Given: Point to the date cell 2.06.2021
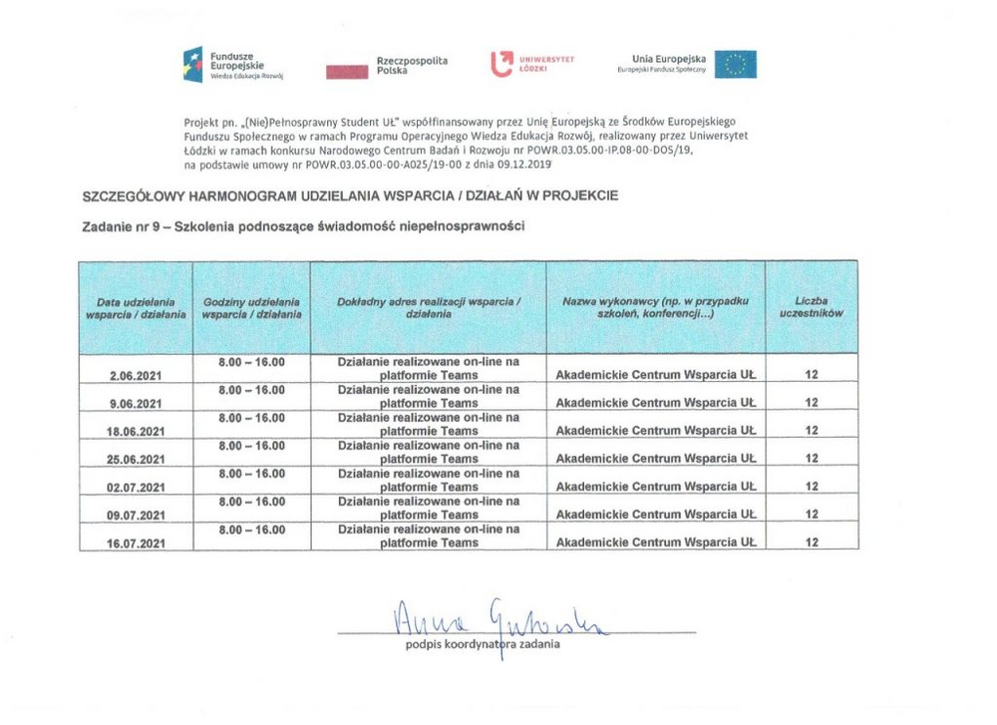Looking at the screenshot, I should coord(136,376).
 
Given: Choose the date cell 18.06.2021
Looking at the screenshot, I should coord(136,431).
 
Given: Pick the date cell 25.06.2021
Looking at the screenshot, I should coord(136,459).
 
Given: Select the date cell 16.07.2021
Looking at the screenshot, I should coord(136,543).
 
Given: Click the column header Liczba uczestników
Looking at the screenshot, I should coord(811,306).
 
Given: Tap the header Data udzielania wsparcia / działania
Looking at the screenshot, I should coord(136,307).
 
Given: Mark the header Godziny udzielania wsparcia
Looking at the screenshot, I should coord(251,307).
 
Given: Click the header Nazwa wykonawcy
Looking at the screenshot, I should coord(655,306).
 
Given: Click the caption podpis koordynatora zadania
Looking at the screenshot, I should coord(483,644).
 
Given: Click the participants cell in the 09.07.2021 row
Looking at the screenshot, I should coord(811,515).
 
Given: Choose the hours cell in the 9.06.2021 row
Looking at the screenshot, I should coord(251,390).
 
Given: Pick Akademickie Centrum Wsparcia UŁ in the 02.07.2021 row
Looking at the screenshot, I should coord(655,487).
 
